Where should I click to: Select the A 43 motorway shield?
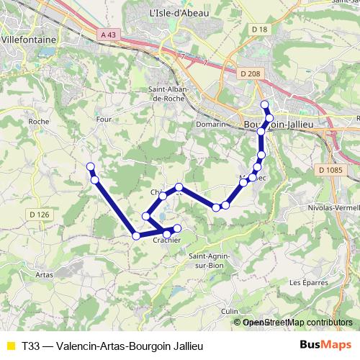[x=108, y=35]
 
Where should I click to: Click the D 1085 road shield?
[x=330, y=169]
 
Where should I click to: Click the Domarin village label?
[x=211, y=124]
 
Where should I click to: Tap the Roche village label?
[x=37, y=122]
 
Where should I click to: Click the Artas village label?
[x=45, y=275]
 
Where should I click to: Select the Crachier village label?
[x=166, y=240]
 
